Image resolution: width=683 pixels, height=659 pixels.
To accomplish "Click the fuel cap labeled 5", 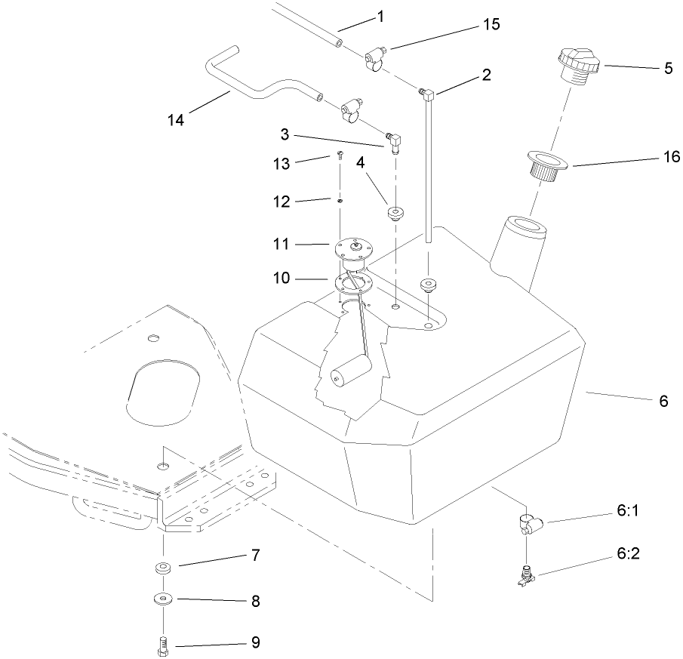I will pyautogui.click(x=579, y=66).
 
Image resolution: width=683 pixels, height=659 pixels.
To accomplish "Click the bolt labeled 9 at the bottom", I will pyautogui.click(x=162, y=646).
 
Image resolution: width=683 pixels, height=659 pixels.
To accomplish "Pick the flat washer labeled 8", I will pyautogui.click(x=162, y=599).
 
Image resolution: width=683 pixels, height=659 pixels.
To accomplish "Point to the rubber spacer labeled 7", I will pyautogui.click(x=162, y=568).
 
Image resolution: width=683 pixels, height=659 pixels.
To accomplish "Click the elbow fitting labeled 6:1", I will pyautogui.click(x=528, y=522).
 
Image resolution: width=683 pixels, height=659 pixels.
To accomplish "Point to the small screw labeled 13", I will pyautogui.click(x=339, y=156).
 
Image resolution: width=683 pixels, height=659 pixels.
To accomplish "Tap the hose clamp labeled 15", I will pyautogui.click(x=374, y=59).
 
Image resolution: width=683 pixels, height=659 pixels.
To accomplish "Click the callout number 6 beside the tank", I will pyautogui.click(x=663, y=402).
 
